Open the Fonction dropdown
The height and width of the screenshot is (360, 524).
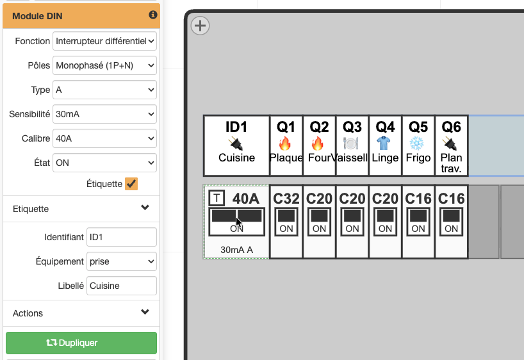(x=104, y=41)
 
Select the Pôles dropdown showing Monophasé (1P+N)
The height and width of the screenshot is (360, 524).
(x=104, y=65)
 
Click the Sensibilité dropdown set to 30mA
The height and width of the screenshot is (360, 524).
(x=104, y=114)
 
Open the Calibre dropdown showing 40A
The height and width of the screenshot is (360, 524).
(x=104, y=138)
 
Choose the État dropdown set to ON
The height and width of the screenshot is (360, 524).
(x=104, y=163)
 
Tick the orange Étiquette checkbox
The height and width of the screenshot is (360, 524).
(x=131, y=184)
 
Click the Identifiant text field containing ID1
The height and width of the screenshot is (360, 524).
(x=122, y=237)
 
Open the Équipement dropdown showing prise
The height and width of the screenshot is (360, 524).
(x=122, y=261)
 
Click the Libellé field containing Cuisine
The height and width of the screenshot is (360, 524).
(x=122, y=286)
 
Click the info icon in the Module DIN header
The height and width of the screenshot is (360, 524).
(x=153, y=15)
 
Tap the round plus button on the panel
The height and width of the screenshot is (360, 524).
(x=200, y=26)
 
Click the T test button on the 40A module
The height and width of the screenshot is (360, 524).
(x=217, y=198)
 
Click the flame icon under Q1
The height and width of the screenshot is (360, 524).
(x=285, y=143)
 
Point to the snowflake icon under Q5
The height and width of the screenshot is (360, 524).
(x=417, y=143)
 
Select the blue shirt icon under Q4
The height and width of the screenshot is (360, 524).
(x=384, y=143)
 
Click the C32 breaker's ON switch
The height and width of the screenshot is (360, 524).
(x=286, y=222)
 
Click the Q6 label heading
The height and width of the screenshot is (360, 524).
(x=452, y=127)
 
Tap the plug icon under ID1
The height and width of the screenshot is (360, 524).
(x=236, y=144)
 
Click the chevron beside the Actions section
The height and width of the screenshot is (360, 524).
(x=145, y=312)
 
